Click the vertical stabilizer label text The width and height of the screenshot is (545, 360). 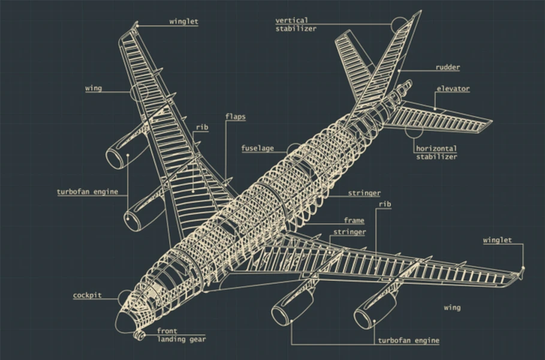[296, 25]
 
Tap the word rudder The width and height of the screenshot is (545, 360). [448, 67]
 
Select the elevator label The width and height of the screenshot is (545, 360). [453, 89]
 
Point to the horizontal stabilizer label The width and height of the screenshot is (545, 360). [436, 152]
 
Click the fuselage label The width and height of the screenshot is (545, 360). [258, 148]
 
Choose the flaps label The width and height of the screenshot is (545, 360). [235, 116]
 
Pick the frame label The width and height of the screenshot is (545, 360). [354, 220]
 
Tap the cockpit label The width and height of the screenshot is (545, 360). [88, 295]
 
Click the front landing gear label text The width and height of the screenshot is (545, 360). [181, 335]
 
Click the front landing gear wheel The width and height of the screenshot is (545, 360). [139, 335]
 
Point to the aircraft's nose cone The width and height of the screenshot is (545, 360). [125, 322]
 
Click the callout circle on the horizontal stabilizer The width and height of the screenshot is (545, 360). [414, 129]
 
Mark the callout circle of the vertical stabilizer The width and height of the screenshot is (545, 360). [400, 25]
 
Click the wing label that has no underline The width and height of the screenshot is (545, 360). [452, 307]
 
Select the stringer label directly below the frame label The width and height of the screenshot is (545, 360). [350, 232]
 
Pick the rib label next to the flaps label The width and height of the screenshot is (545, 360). [202, 127]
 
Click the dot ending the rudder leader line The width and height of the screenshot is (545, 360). [399, 71]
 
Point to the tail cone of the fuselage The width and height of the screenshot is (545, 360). [404, 87]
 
